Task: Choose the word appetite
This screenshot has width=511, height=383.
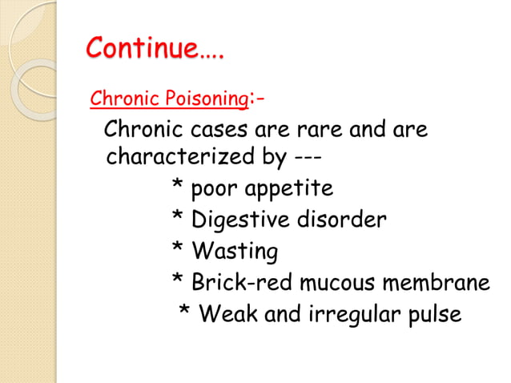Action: tap(292, 190)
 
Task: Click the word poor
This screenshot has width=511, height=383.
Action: tap(216, 190)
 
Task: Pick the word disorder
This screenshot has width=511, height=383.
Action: tap(345, 220)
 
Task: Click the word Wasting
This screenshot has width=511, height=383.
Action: tap(235, 252)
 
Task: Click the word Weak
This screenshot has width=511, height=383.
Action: tap(229, 314)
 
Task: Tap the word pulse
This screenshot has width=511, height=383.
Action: tap(436, 314)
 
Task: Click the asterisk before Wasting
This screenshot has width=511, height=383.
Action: tap(177, 248)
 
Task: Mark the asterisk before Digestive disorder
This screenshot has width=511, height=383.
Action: tap(177, 216)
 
